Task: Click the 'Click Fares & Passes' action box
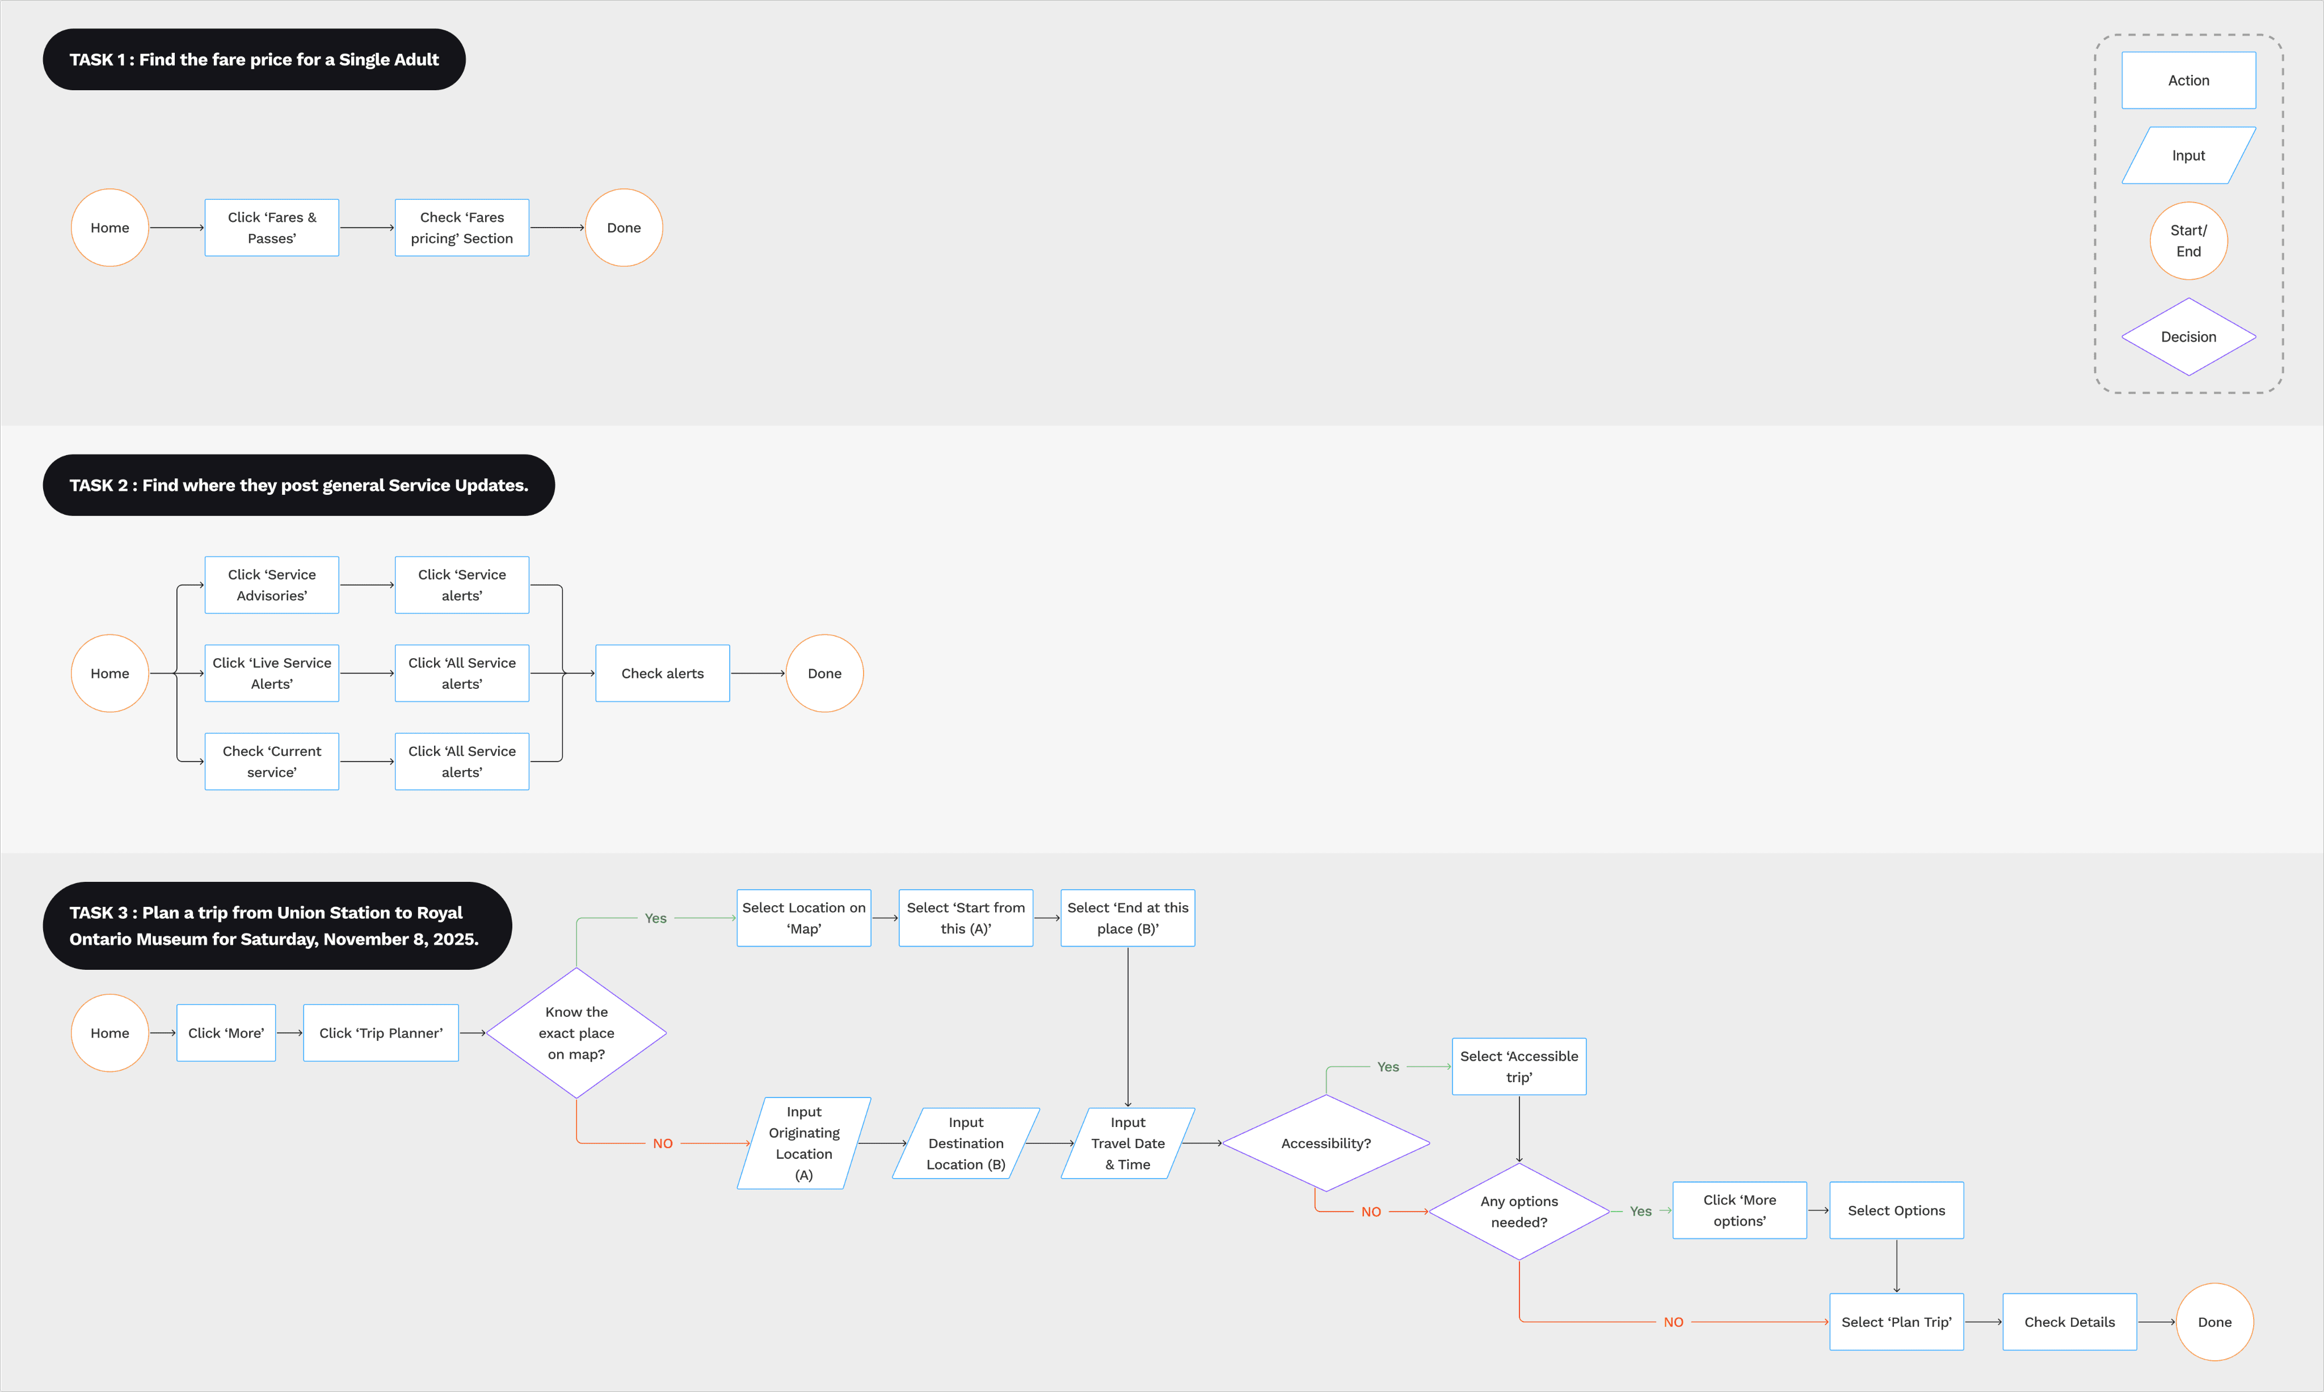coord(272,228)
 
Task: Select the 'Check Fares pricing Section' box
coord(461,228)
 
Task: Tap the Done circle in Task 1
coord(624,228)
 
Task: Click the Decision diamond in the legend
coord(2188,337)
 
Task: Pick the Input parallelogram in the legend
coord(2188,155)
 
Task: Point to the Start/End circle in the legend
coord(2188,241)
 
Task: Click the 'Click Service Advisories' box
coord(272,585)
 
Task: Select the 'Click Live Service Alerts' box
coord(272,674)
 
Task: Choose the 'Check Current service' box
coord(272,762)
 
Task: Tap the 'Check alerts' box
coord(662,674)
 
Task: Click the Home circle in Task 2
coord(110,674)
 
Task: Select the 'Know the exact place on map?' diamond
coord(576,1033)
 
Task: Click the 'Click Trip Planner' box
coord(381,1033)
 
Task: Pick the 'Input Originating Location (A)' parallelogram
coord(804,1143)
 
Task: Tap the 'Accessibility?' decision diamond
coord(1325,1143)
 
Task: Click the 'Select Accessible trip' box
coord(1518,1066)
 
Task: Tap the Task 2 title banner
coord(298,485)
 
